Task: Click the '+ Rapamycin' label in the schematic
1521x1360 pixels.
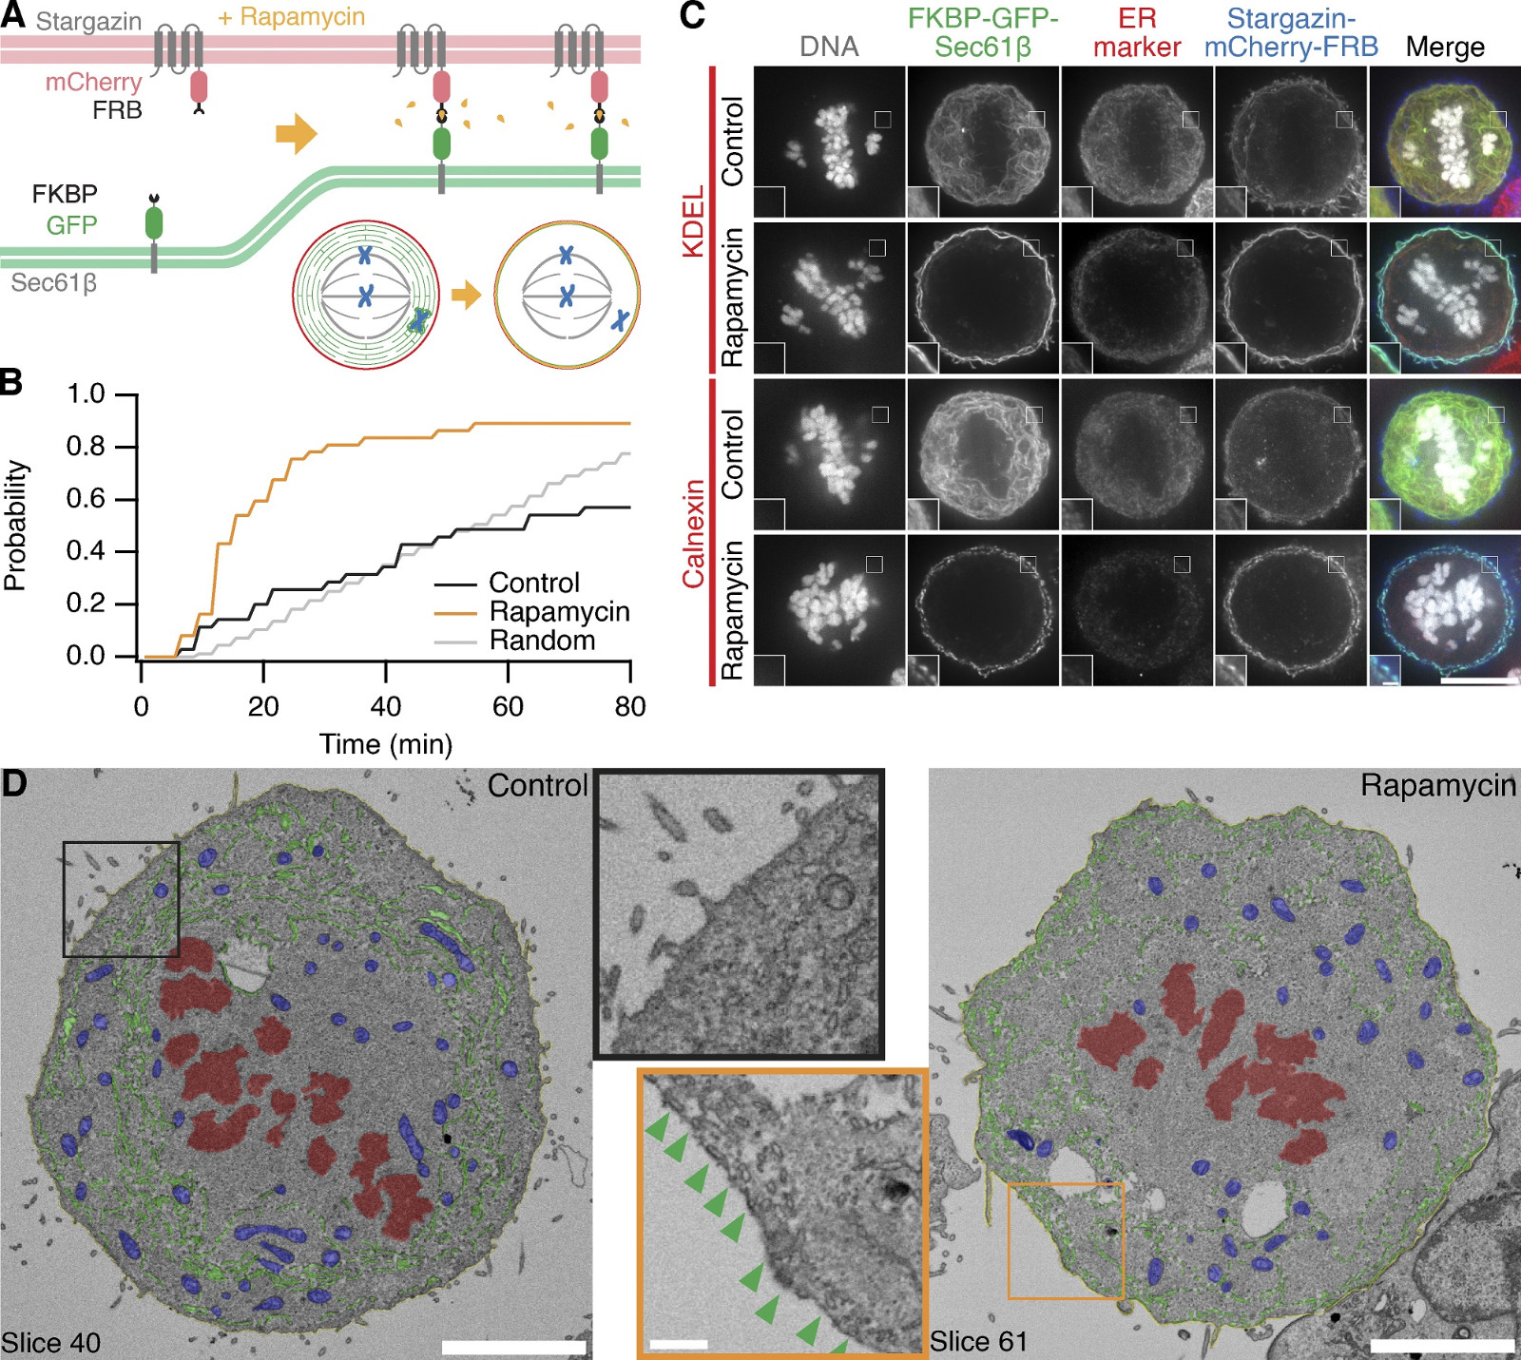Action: [x=291, y=17]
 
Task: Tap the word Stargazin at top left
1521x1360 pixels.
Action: [x=88, y=21]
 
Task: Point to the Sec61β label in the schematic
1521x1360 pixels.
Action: [x=54, y=283]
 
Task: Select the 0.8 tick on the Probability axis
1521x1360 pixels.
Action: [x=86, y=447]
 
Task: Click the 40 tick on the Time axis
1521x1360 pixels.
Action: [x=386, y=707]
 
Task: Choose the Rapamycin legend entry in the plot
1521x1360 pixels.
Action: [x=559, y=612]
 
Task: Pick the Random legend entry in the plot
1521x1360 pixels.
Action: [x=542, y=642]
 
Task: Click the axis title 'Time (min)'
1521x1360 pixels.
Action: [x=386, y=744]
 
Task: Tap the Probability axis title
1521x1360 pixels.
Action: [x=16, y=526]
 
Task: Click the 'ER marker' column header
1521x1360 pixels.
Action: [x=1137, y=33]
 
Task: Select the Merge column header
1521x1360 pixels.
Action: [x=1445, y=47]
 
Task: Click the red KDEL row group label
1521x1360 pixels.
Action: [x=694, y=220]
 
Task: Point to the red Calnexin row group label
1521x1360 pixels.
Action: [x=694, y=533]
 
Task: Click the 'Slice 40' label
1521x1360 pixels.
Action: [x=51, y=1343]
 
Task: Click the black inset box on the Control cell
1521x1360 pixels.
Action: [x=121, y=899]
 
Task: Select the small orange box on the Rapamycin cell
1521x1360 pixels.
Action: [x=1066, y=1240]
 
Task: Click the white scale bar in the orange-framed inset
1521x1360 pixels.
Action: [x=679, y=1345]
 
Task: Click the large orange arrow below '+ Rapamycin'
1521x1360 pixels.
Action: [x=296, y=134]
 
